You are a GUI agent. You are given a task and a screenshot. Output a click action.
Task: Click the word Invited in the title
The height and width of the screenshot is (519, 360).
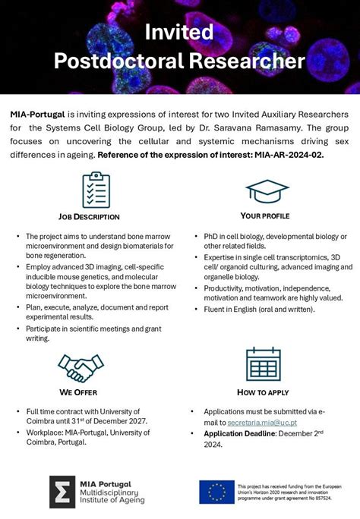(180, 31)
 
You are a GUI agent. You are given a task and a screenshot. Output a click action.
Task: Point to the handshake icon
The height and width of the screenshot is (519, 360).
(80, 367)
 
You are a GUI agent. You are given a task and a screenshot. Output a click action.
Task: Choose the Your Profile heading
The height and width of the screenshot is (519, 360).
(264, 216)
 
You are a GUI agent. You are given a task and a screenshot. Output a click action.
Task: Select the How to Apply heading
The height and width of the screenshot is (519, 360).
(264, 392)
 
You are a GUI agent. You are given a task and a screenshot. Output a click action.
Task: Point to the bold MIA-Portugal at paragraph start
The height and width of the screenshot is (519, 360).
(37, 113)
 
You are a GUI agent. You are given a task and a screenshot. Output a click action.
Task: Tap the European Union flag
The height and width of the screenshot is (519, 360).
(216, 492)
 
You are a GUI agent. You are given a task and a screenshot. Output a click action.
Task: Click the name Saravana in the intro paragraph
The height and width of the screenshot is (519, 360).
(285, 127)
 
